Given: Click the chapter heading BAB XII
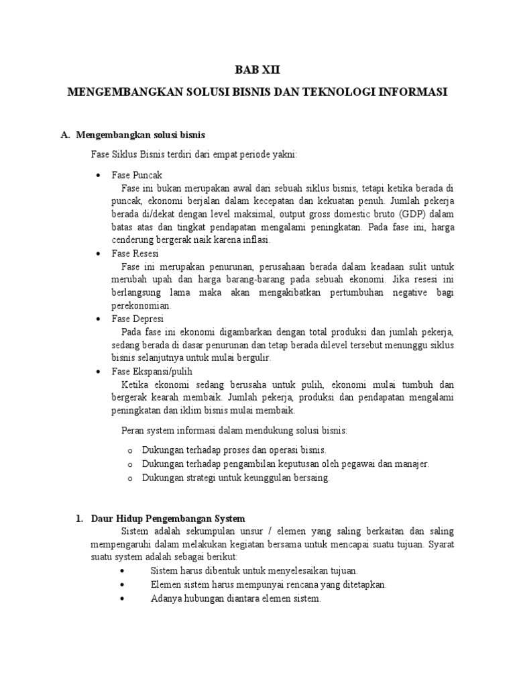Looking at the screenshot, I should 257,70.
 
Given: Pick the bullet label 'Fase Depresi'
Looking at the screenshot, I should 137,319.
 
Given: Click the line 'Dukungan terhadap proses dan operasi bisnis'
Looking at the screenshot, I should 234,450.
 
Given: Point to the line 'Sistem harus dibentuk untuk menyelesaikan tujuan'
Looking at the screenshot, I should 254,571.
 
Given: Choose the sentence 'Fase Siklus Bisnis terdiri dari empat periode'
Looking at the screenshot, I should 194,154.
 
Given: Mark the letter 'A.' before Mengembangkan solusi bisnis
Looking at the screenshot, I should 65,135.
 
